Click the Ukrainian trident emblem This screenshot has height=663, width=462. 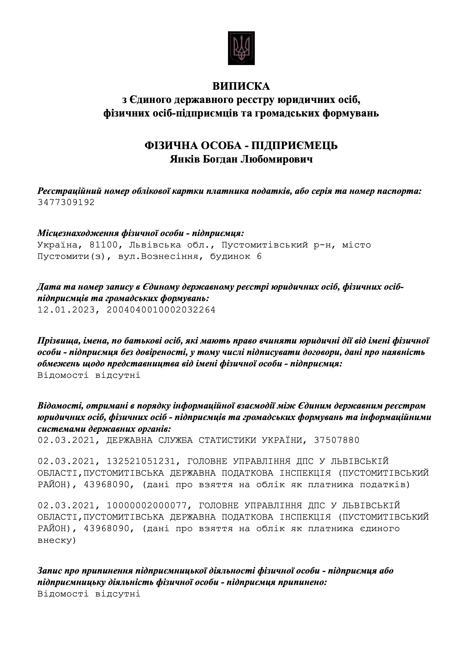tap(241, 48)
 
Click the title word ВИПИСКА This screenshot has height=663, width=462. tap(241, 86)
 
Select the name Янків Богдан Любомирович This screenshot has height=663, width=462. tap(241, 159)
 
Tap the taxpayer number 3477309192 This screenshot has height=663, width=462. tap(66, 202)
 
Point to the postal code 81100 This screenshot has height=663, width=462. tap(103, 245)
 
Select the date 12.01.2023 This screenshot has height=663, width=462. tap(66, 310)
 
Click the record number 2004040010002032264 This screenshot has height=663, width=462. tap(161, 310)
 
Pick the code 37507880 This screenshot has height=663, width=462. tap(336, 440)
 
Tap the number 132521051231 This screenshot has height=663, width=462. tap(141, 461)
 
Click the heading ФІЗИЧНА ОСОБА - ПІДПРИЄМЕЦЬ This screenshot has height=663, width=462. tap(241, 146)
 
